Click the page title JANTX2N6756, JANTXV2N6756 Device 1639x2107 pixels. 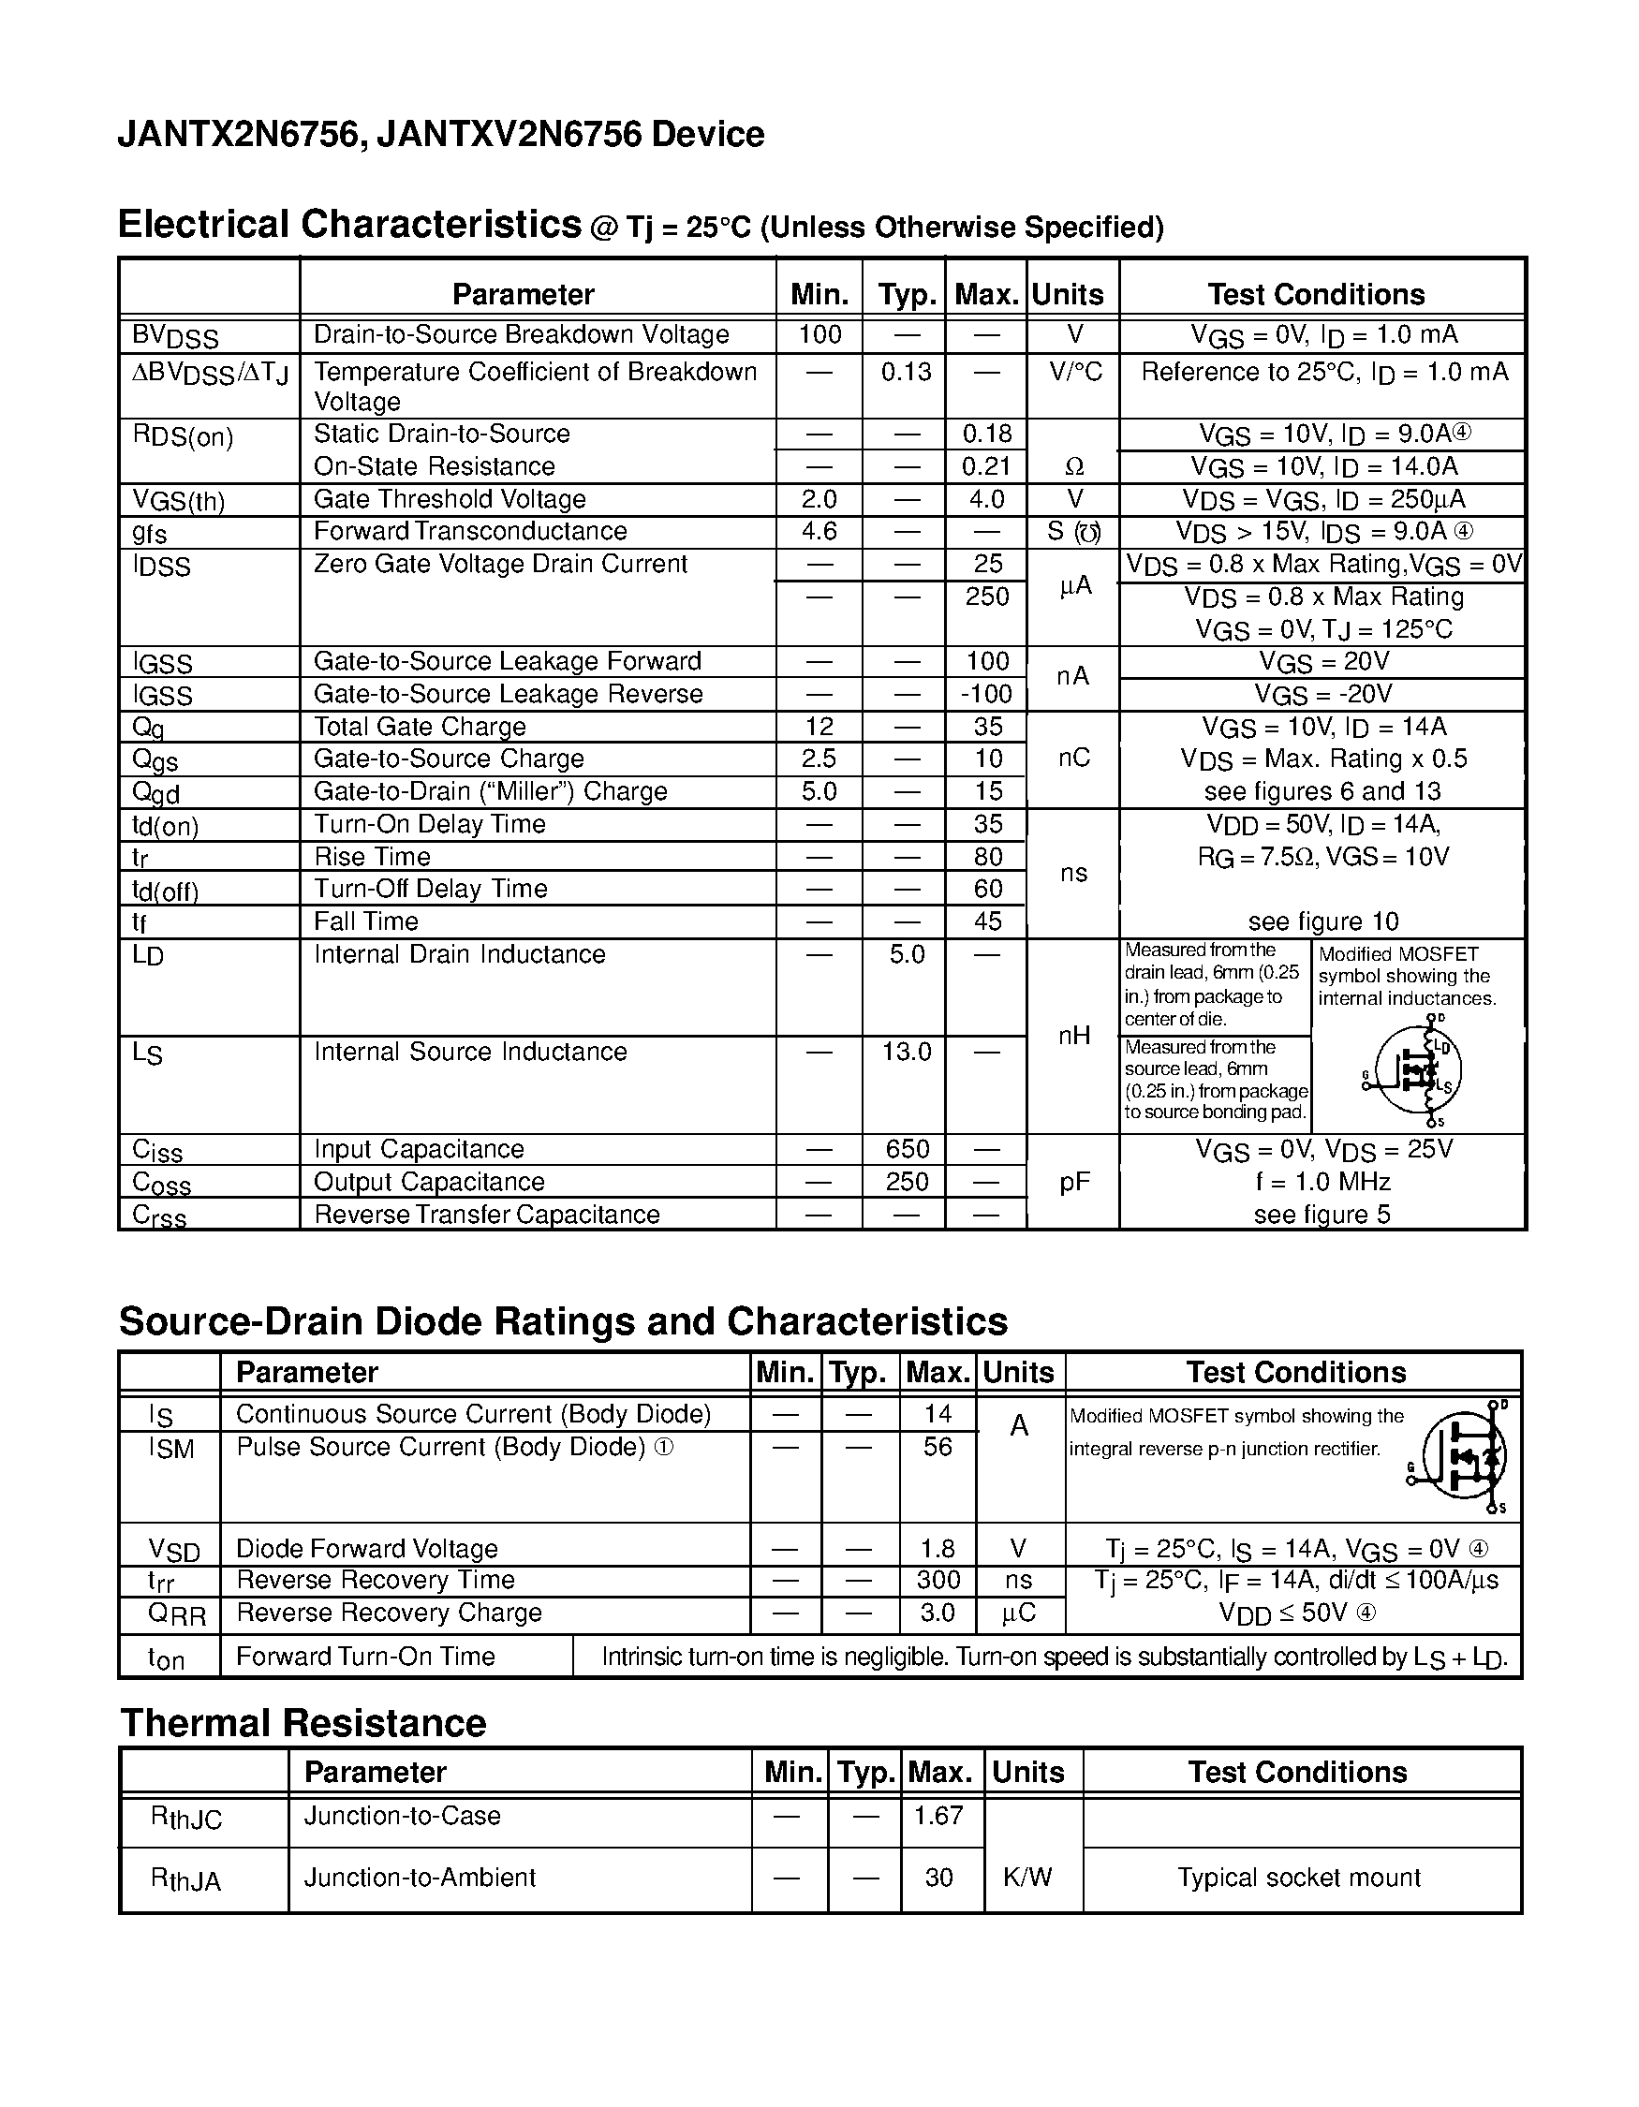pos(440,134)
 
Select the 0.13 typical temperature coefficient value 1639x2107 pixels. pos(905,372)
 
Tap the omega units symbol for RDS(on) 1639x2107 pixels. pos(1073,467)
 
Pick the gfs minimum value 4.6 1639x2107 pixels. pos(819,532)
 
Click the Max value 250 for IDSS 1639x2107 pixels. pos(986,597)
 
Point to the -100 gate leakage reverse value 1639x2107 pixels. pos(986,694)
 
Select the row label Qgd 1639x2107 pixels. pos(156,793)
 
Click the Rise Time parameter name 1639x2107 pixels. pos(373,857)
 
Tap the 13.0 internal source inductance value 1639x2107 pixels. pos(906,1052)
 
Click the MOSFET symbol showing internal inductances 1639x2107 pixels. pos(1415,1071)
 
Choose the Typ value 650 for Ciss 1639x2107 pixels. pos(907,1149)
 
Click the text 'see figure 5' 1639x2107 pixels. pos(1322,1215)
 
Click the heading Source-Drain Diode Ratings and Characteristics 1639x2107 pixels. pos(563,1321)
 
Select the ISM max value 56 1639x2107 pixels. pos(937,1447)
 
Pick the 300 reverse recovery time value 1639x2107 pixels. pos(938,1579)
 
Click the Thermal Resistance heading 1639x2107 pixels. pos(303,1723)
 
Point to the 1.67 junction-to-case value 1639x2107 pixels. pos(938,1816)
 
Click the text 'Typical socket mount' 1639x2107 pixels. pos(1298,1878)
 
